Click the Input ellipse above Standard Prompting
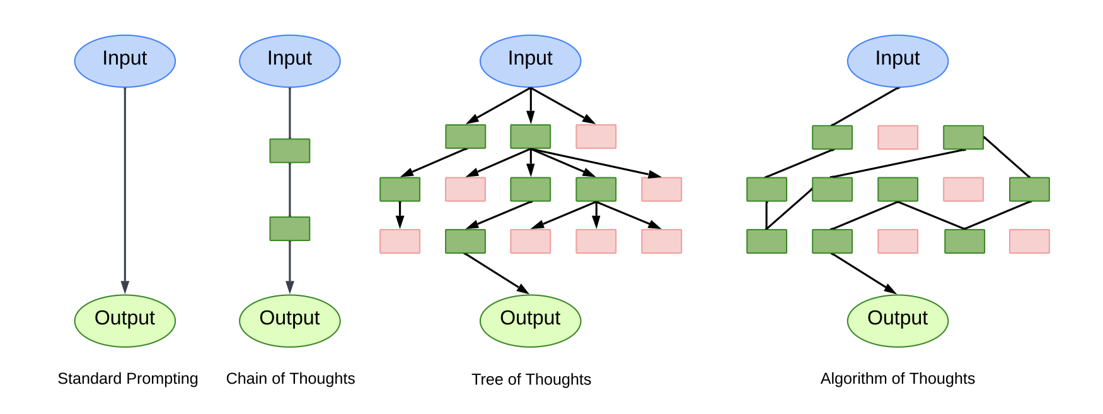pyautogui.click(x=125, y=61)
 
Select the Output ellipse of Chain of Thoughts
pyautogui.click(x=289, y=321)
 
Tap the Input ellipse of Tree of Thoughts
pyautogui.click(x=530, y=61)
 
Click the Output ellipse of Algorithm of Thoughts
pyautogui.click(x=898, y=321)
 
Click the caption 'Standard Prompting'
pyautogui.click(x=128, y=379)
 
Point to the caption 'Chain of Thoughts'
pyautogui.click(x=291, y=379)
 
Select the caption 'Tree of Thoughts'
pyautogui.click(x=531, y=379)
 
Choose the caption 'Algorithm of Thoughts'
pyautogui.click(x=898, y=379)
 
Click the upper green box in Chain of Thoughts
pyautogui.click(x=289, y=151)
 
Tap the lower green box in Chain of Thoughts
pyautogui.click(x=289, y=228)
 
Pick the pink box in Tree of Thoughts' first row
pyautogui.click(x=596, y=136)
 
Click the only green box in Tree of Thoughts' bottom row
pyautogui.click(x=465, y=241)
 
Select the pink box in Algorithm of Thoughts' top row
pyautogui.click(x=898, y=137)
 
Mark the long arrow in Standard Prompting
pyautogui.click(x=125, y=189)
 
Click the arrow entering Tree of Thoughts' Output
pyautogui.click(x=496, y=273)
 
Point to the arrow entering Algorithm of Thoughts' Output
pyautogui.click(x=863, y=273)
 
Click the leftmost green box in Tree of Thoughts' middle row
pyautogui.click(x=400, y=189)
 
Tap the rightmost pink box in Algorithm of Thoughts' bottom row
pyautogui.click(x=1029, y=241)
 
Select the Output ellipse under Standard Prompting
pyautogui.click(x=125, y=321)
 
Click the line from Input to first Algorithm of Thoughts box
pyautogui.click(x=865, y=107)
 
